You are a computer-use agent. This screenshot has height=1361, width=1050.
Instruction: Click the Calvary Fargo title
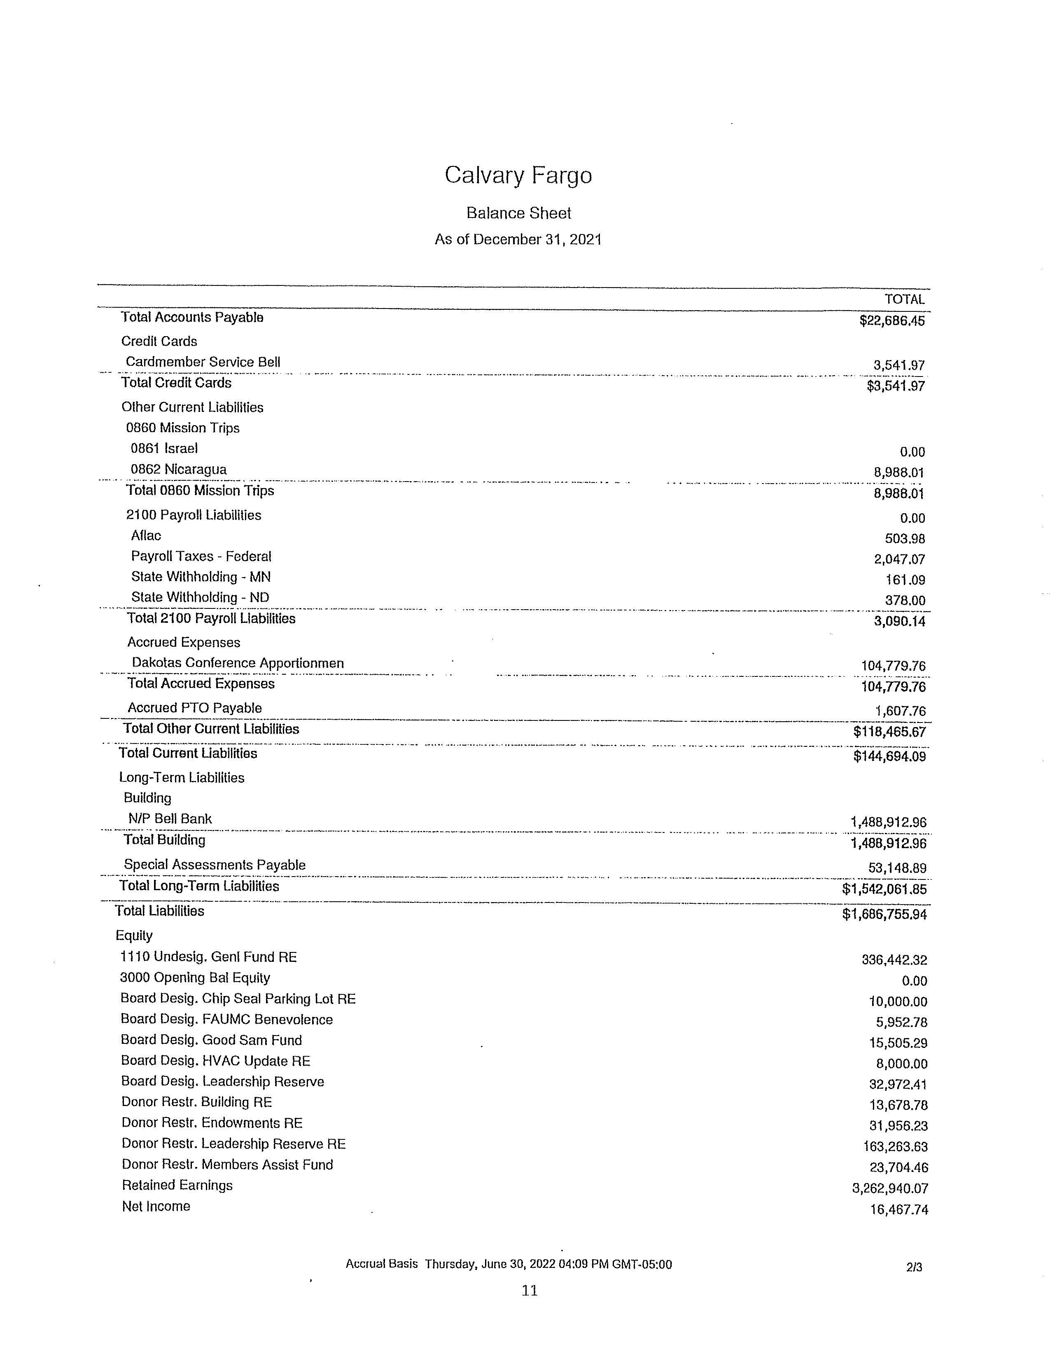[518, 176]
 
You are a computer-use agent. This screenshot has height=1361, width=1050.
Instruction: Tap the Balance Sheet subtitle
[518, 213]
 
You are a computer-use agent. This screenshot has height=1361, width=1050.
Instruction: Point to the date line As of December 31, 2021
[518, 240]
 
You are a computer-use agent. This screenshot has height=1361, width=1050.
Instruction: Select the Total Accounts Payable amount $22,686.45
[892, 321]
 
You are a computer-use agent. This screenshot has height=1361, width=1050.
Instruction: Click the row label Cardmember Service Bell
[203, 362]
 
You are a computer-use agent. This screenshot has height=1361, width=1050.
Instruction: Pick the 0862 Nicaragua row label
[178, 469]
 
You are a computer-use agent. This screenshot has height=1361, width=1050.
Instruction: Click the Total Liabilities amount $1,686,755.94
[884, 914]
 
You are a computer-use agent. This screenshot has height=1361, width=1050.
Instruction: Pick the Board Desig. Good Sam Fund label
[211, 1040]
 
